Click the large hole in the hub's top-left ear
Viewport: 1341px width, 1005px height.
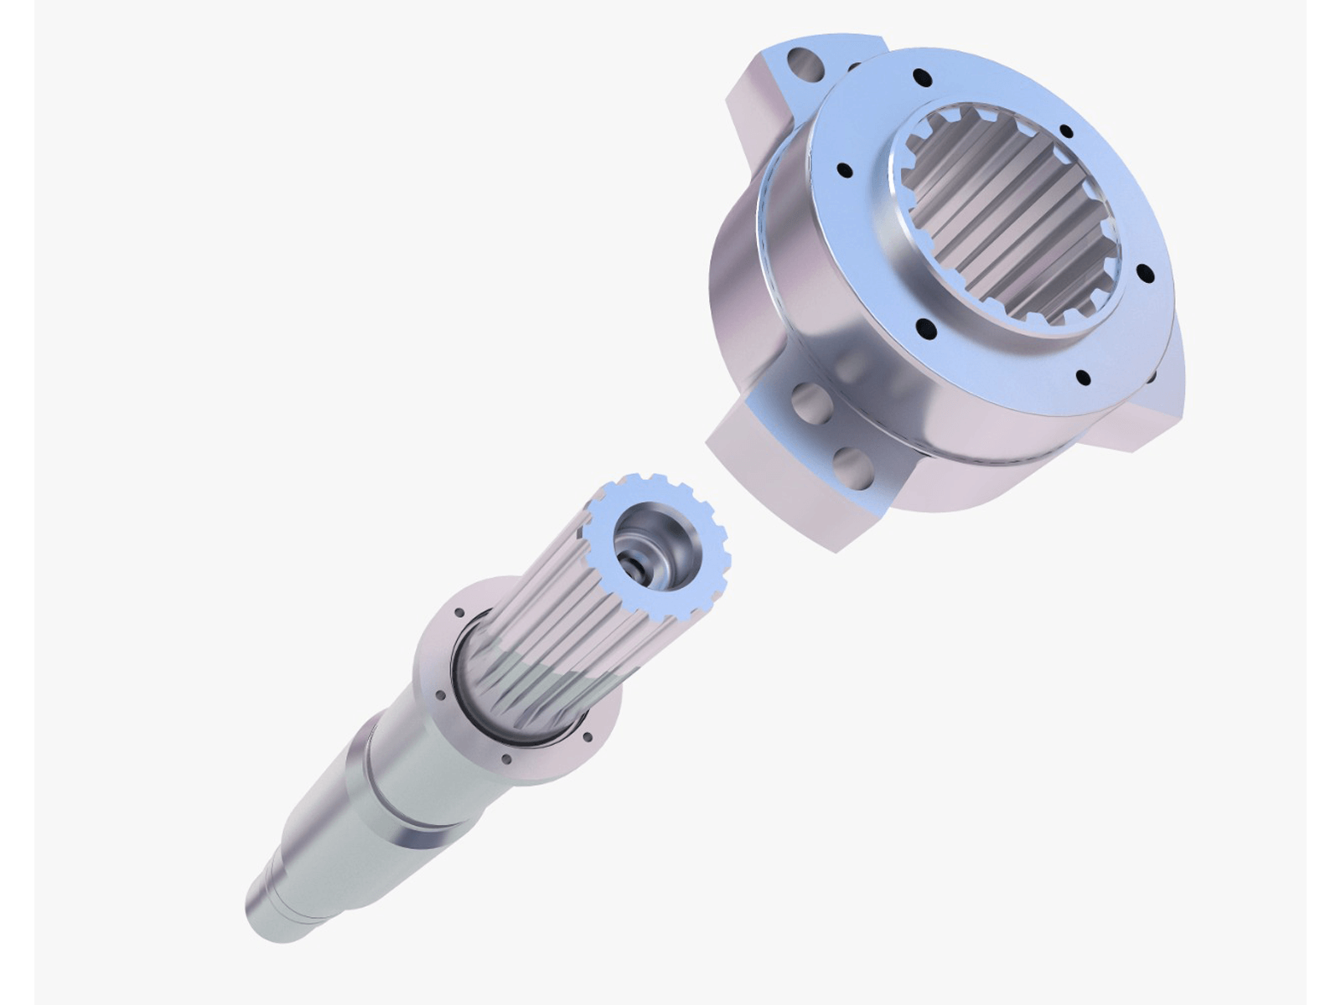[x=802, y=61]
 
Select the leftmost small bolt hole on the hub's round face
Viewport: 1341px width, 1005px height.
[x=845, y=171]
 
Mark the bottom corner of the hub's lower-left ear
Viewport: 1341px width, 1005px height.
[x=836, y=549]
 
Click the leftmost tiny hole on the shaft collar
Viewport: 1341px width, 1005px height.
[x=437, y=694]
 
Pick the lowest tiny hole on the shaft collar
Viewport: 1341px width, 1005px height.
[x=505, y=760]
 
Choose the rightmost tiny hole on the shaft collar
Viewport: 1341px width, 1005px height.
[x=587, y=737]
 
